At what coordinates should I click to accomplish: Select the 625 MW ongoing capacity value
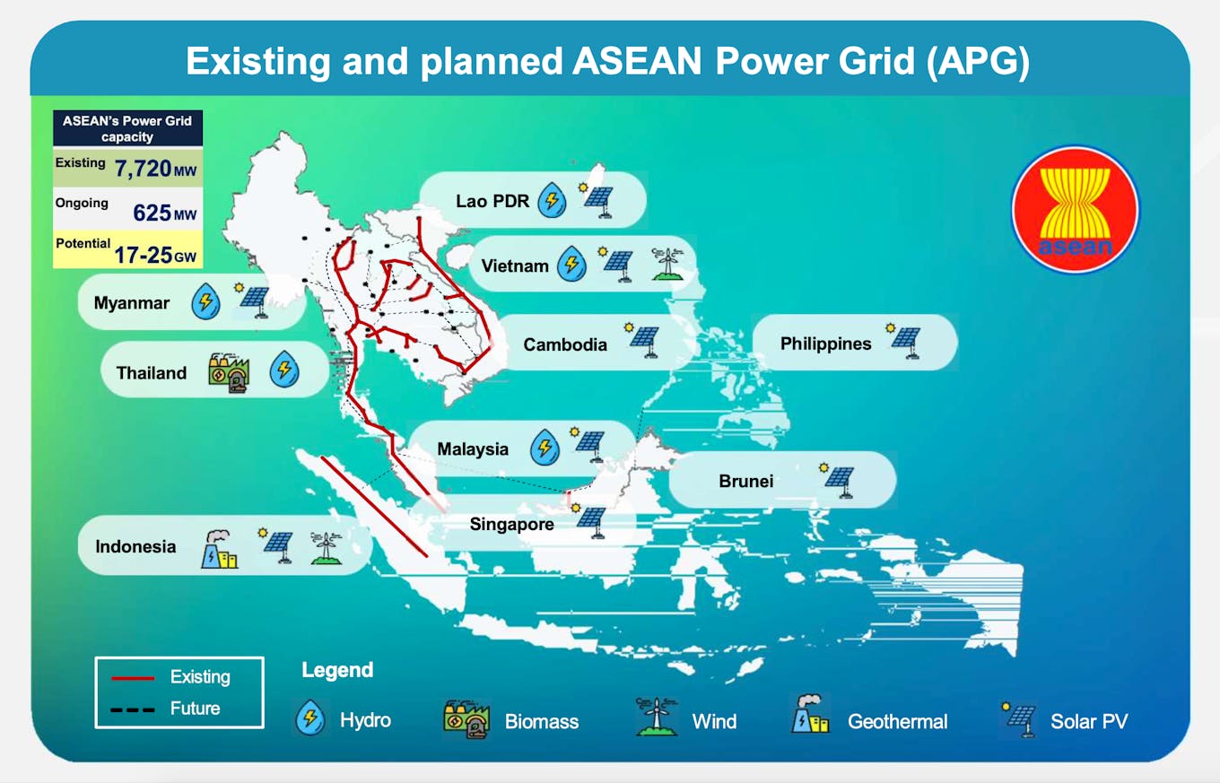click(164, 213)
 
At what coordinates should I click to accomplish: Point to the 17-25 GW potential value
click(154, 255)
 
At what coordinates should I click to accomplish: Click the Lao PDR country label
click(492, 201)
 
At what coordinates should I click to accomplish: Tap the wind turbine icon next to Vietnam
click(667, 265)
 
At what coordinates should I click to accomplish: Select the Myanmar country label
click(131, 303)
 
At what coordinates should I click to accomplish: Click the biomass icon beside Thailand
click(228, 372)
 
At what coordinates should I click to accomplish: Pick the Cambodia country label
click(565, 344)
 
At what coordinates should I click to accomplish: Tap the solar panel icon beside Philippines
click(904, 341)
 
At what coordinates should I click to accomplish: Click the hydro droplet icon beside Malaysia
click(545, 448)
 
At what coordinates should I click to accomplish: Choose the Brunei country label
click(745, 481)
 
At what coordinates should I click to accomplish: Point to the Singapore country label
click(511, 524)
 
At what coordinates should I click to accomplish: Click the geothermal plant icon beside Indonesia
click(219, 548)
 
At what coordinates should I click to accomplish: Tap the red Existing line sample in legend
click(132, 678)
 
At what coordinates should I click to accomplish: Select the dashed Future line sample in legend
click(132, 709)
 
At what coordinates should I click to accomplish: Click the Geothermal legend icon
click(809, 716)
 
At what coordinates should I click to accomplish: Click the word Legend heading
click(337, 670)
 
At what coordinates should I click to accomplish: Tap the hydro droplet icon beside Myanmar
click(205, 302)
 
